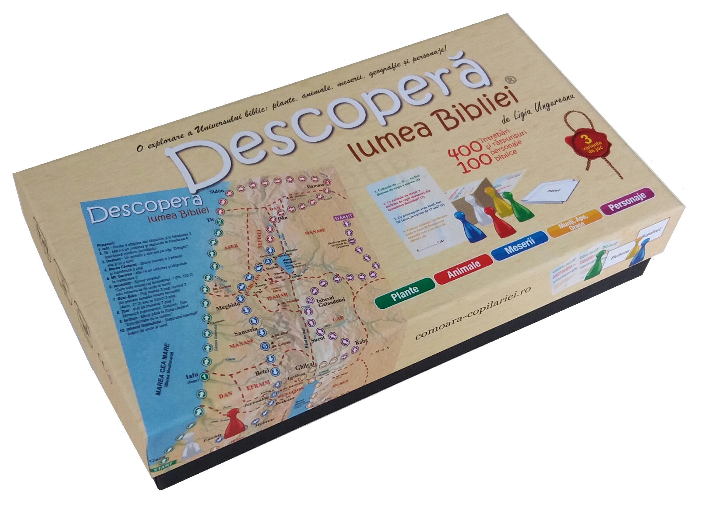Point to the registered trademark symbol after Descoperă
511,80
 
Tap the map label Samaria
246,332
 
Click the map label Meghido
227,306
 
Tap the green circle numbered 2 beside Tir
220,222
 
